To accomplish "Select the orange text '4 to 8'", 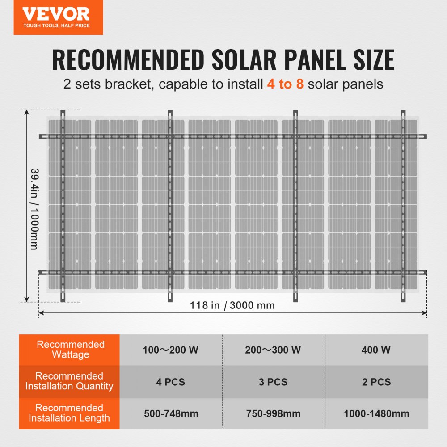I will tap(286, 84).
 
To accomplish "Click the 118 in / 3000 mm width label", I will tap(232, 305).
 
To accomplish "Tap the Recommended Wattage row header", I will tap(70, 350).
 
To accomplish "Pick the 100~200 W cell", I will tap(170, 350).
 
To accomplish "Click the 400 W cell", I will tap(376, 350).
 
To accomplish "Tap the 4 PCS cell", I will tap(170, 382).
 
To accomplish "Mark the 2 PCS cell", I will tap(376, 382).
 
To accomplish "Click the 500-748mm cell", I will tap(171, 413).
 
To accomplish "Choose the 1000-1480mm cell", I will tap(376, 413).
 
